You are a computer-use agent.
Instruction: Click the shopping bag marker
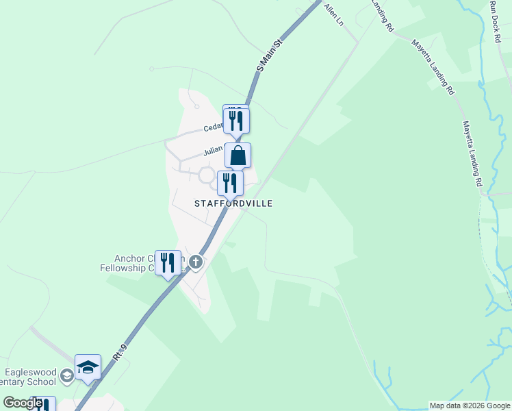click(x=238, y=155)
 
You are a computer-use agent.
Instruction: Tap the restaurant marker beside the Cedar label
click(x=237, y=121)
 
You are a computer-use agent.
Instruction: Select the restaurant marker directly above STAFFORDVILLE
click(x=230, y=184)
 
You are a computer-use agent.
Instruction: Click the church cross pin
click(x=196, y=262)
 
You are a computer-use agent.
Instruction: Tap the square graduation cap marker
click(x=88, y=367)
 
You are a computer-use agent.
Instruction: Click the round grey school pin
click(x=66, y=375)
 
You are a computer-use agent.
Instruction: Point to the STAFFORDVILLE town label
click(x=233, y=203)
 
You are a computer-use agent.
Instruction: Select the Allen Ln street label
click(x=333, y=14)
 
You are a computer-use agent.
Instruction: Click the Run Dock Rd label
click(x=496, y=21)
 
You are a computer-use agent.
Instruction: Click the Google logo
click(x=23, y=403)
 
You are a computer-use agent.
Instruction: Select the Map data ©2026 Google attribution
click(x=470, y=406)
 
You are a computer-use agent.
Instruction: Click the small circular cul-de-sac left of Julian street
click(x=206, y=175)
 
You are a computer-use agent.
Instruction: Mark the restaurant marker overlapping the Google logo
click(x=42, y=404)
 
